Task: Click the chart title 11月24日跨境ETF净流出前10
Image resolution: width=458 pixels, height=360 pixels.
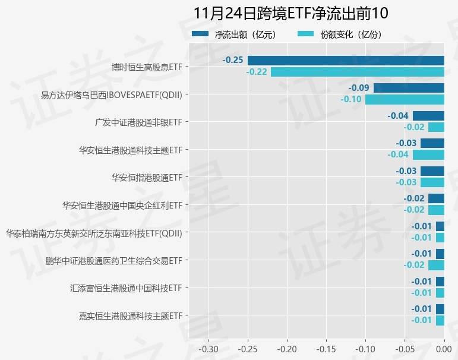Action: pos(290,13)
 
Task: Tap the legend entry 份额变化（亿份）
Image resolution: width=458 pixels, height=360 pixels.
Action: pos(350,34)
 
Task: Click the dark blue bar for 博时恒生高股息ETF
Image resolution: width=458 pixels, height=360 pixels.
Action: pos(346,60)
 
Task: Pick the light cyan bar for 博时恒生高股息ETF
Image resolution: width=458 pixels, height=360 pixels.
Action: pos(357,72)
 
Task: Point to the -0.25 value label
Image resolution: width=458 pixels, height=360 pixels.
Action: pos(233,60)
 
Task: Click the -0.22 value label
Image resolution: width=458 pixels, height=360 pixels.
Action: pos(256,72)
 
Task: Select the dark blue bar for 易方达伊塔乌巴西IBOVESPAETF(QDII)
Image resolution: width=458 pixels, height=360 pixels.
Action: pos(409,88)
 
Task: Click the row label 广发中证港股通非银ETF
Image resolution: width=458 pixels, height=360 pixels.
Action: pos(138,122)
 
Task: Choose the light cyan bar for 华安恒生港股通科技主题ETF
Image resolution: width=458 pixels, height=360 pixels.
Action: pos(428,154)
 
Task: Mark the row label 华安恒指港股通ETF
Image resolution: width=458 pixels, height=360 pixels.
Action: pos(146,178)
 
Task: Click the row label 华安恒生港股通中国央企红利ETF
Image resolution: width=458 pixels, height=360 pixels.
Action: pos(122,206)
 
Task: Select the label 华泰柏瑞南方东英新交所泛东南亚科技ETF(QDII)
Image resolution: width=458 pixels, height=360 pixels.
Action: pos(93,233)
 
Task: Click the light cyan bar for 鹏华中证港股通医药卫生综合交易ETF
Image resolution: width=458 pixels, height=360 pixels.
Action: pos(436,265)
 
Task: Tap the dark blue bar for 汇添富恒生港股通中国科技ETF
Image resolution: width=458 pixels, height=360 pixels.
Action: pos(440,282)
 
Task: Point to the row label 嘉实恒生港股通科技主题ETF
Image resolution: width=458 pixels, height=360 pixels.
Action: pos(130,315)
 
